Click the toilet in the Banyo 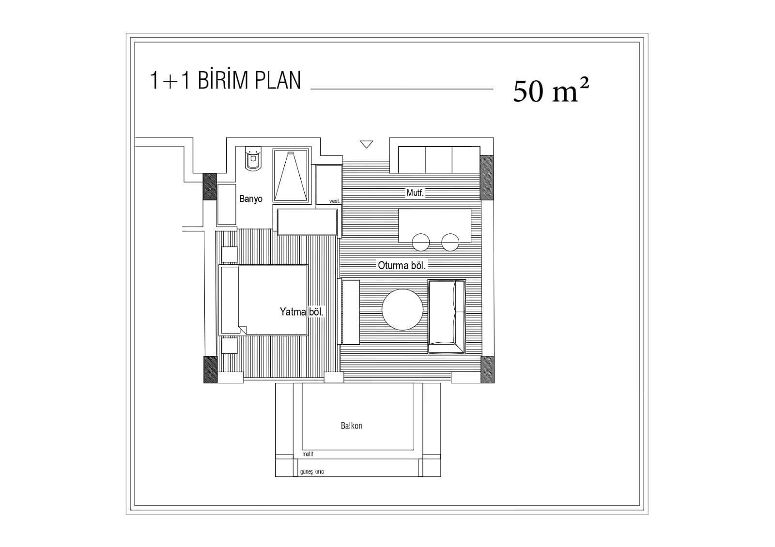click(253, 158)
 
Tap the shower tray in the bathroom click(291, 175)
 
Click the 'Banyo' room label click(251, 199)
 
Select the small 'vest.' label click(335, 201)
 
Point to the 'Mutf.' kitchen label click(415, 193)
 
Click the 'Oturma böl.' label click(402, 266)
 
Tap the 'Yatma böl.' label click(301, 312)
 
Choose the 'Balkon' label click(352, 425)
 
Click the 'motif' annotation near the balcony click(308, 454)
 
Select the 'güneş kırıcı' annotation click(312, 472)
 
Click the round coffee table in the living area click(403, 309)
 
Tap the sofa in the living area click(447, 317)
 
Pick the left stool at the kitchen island click(421, 242)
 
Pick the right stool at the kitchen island click(450, 242)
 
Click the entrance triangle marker click(366, 144)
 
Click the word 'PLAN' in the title click(278, 80)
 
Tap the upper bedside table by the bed click(229, 255)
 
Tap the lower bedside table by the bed click(229, 346)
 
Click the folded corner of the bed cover click(243, 330)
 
